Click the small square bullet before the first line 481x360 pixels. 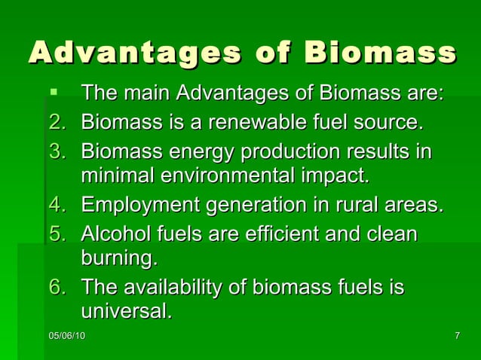coord(53,93)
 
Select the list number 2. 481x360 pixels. coord(57,122)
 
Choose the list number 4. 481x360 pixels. coord(57,205)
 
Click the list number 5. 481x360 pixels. coord(57,233)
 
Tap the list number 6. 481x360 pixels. coord(57,288)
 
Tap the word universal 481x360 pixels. coord(126,310)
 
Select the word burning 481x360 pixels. coord(119,258)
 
